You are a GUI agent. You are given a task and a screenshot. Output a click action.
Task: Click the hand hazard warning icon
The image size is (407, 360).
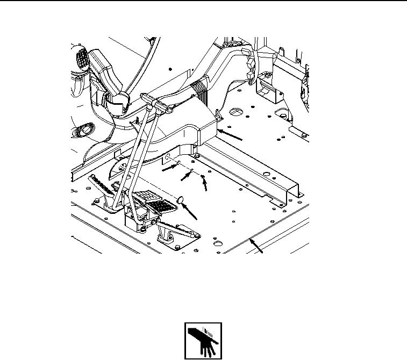[203, 341]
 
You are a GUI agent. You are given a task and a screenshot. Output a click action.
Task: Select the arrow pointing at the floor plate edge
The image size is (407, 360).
[259, 247]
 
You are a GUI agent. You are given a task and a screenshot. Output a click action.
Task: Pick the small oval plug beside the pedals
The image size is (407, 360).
[182, 201]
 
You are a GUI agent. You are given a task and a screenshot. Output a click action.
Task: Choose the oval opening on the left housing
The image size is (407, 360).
[85, 131]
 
